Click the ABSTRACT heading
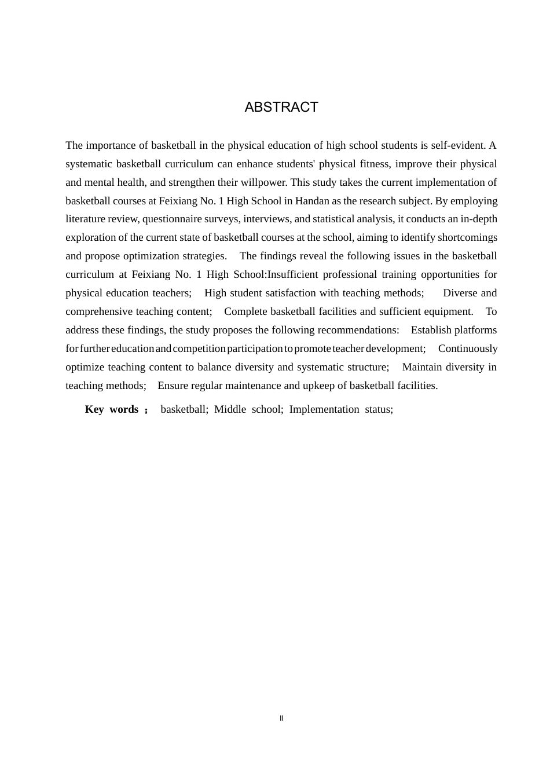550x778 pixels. [x=281, y=107]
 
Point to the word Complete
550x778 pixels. [x=245, y=311]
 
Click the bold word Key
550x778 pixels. [x=94, y=409]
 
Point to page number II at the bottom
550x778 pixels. [x=282, y=718]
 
